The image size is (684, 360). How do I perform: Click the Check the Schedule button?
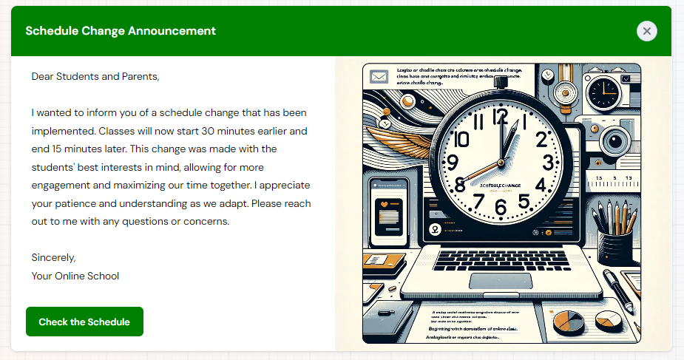(x=84, y=322)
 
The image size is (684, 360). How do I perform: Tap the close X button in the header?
(x=646, y=31)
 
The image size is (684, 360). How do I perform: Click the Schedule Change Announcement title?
(x=121, y=31)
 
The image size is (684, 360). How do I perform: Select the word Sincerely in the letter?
(x=53, y=257)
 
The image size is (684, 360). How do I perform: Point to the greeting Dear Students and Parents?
(x=95, y=75)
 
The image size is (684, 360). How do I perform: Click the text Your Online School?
(x=75, y=276)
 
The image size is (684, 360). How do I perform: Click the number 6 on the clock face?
(x=501, y=208)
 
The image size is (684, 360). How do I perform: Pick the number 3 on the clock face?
(x=548, y=162)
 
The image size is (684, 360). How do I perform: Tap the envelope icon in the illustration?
(x=380, y=77)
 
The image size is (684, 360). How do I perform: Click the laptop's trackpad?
(x=494, y=282)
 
